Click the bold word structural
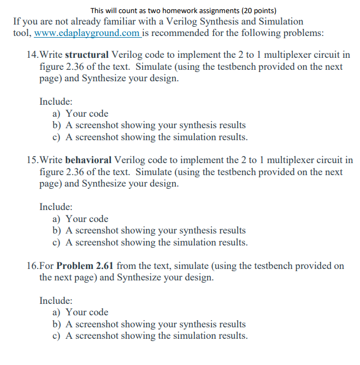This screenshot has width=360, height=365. coord(87,55)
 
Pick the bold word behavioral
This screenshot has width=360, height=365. coord(88,160)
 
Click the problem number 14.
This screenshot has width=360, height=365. coord(32,55)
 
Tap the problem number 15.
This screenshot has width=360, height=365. coord(32,160)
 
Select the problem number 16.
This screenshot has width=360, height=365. coord(32,266)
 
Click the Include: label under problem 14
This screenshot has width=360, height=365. coord(56,101)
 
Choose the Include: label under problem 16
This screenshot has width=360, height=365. coord(56,301)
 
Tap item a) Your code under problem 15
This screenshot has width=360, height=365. coord(80,219)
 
